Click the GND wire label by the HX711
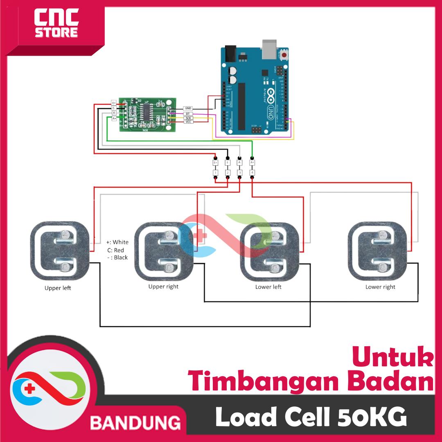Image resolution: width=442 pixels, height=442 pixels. click(x=188, y=108)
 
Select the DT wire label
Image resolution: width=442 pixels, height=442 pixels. click(x=188, y=113)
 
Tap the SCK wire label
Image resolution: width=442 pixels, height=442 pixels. click(x=188, y=118)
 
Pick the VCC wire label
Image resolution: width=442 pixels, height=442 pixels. click(x=188, y=122)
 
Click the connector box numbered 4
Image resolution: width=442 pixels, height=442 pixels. click(x=252, y=173)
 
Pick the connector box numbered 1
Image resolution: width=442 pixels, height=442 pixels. click(x=215, y=173)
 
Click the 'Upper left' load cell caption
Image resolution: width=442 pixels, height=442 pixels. click(x=58, y=288)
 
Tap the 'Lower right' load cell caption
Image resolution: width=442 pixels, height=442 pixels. click(x=380, y=287)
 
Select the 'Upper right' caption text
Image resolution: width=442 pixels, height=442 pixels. click(x=163, y=286)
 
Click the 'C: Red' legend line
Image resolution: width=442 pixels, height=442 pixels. click(x=116, y=250)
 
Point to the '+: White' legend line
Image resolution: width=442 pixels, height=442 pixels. click(x=117, y=242)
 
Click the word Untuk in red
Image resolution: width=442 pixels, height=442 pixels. click(x=392, y=357)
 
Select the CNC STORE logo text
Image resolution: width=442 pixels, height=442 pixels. click(x=56, y=24)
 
